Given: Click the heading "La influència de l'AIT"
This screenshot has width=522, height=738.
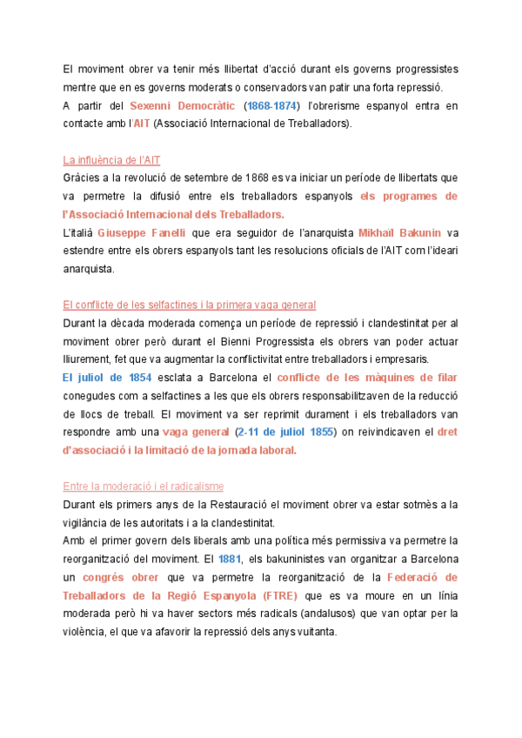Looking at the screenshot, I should click(111, 160).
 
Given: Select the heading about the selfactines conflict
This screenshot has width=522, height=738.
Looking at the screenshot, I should click(189, 305).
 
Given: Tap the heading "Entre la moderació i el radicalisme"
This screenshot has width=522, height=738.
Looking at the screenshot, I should click(143, 486).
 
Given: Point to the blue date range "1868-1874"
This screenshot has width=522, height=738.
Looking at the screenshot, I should click(271, 106).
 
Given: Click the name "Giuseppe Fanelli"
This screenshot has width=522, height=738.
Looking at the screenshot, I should click(140, 232).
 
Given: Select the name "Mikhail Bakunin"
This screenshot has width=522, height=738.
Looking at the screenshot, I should click(399, 232).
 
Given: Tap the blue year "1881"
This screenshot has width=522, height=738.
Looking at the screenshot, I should click(230, 558).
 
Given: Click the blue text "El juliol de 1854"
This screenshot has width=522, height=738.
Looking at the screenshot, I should click(107, 378).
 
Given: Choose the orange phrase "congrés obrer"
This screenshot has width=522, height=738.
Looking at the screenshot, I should click(119, 576).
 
